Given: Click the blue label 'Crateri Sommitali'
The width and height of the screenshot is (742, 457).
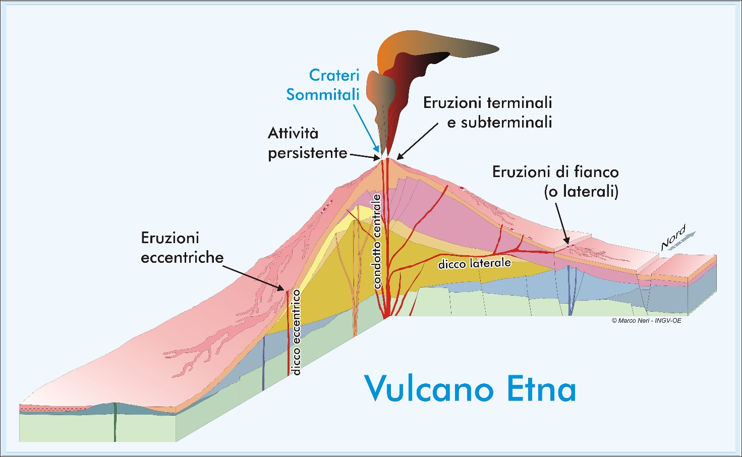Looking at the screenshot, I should [323, 85].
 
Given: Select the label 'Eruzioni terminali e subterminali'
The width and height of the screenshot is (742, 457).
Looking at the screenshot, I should [488, 112].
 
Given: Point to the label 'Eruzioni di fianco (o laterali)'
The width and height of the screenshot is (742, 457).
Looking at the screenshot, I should [555, 182].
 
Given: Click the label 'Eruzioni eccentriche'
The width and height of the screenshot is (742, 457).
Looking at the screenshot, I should [182, 248].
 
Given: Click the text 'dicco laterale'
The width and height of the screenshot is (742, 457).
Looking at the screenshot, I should [474, 263].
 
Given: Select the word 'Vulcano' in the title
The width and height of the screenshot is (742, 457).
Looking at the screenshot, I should [429, 388].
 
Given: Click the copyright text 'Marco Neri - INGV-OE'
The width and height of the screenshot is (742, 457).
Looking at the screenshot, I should [646, 320].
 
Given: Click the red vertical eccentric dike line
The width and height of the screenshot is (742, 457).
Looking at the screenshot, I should [288, 333].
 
